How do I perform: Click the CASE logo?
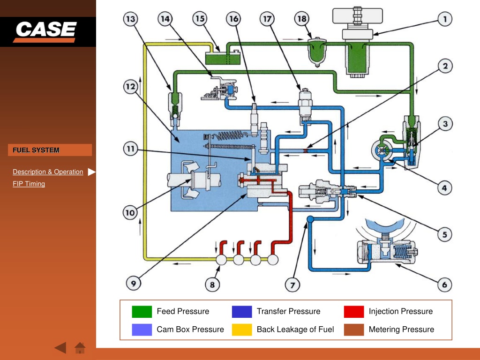click(x=45, y=31)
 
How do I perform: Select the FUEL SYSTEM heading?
click(x=36, y=150)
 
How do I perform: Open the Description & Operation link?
click(x=48, y=172)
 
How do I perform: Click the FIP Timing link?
click(x=29, y=184)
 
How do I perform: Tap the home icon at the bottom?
click(x=80, y=348)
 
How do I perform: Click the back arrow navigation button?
click(x=60, y=348)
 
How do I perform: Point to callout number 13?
click(x=131, y=19)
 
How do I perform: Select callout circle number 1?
click(x=445, y=19)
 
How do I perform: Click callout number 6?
click(x=444, y=285)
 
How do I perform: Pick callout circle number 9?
click(x=134, y=283)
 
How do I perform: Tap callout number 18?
click(x=302, y=19)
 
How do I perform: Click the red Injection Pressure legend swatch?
click(x=354, y=312)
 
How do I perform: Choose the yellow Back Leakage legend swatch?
click(x=242, y=330)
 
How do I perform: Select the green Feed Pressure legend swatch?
click(x=142, y=312)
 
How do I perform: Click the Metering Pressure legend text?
click(x=401, y=330)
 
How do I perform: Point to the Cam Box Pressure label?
click(x=190, y=330)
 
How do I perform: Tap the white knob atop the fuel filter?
click(x=358, y=16)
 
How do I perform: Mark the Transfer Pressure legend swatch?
click(x=242, y=312)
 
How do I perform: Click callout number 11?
click(x=131, y=149)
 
